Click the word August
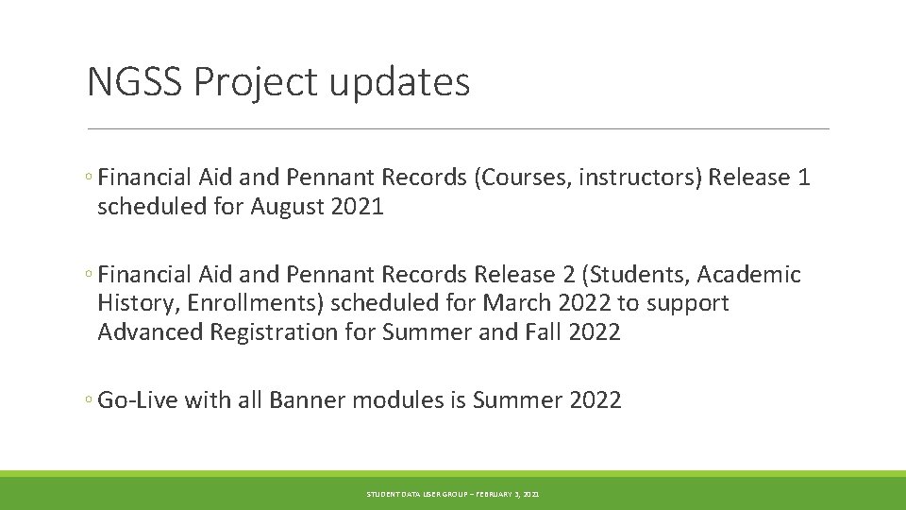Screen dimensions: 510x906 tap(288, 207)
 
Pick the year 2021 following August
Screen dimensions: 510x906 tap(358, 207)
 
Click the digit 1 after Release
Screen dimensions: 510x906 tap(803, 178)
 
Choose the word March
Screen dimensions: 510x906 tap(518, 303)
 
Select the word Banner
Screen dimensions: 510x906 tap(306, 400)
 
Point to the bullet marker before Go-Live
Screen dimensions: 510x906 tap(88, 401)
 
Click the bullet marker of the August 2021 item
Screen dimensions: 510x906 tap(88, 178)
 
